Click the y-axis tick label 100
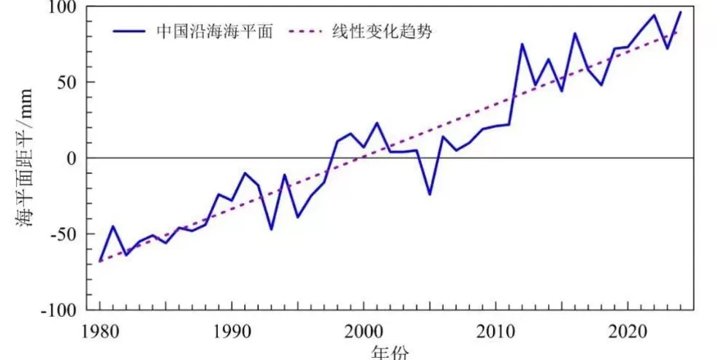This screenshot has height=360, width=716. [62, 7]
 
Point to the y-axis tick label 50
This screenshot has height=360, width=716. [67, 83]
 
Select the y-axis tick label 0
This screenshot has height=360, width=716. [72, 158]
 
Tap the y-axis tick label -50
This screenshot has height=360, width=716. [64, 234]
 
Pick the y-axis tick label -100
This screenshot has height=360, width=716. [58, 310]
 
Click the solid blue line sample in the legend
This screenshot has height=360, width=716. [130, 31]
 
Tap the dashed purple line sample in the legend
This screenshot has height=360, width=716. [308, 31]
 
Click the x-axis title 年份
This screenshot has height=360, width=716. [390, 351]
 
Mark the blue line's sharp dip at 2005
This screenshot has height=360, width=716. [430, 194]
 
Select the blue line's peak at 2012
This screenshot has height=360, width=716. [522, 44]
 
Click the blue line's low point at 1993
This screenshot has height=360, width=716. [271, 229]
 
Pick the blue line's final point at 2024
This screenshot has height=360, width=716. [680, 12]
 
